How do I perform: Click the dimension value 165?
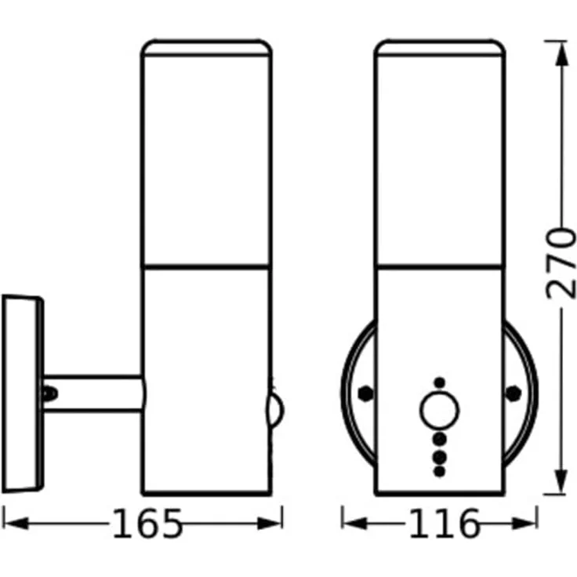147,524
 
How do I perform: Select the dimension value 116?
443,524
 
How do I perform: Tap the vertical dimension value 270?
561,263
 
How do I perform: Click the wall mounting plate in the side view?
21,392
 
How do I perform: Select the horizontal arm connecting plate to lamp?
94,393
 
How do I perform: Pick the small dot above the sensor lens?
439,383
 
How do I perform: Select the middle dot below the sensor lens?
439,454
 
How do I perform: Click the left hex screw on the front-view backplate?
364,394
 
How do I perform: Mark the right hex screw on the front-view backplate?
513,394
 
